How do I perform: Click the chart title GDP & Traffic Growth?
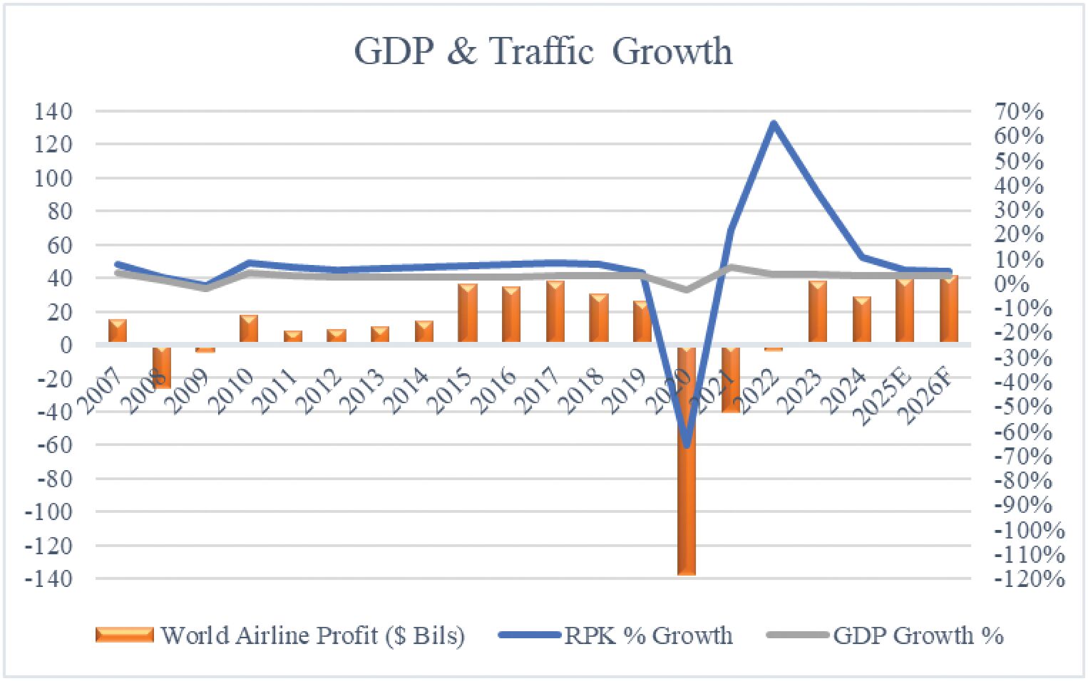pyautogui.click(x=543, y=51)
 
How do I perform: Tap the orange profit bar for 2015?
pyautogui.click(x=468, y=314)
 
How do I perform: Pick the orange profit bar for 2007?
pyautogui.click(x=118, y=332)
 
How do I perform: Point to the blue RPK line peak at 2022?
pyautogui.click(x=774, y=124)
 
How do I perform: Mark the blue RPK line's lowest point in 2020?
pyautogui.click(x=687, y=446)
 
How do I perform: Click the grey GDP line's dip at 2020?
pyautogui.click(x=686, y=290)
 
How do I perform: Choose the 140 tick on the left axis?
pyautogui.click(x=53, y=112)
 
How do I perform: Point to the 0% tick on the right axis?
pyautogui.click(x=1013, y=284)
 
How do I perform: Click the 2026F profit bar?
pyautogui.click(x=948, y=309)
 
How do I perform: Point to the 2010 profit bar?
pyautogui.click(x=249, y=329)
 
